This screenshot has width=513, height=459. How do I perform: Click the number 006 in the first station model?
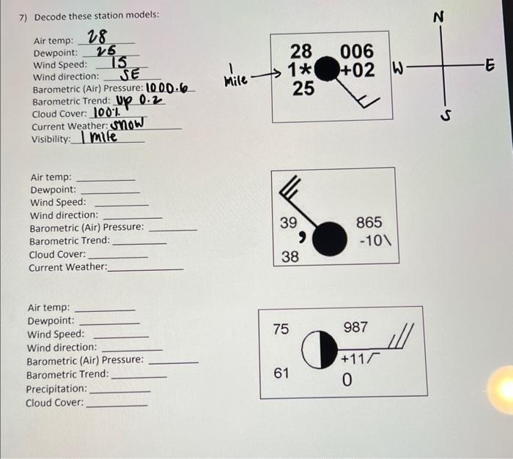(x=357, y=51)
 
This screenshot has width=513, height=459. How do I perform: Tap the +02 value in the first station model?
(x=358, y=70)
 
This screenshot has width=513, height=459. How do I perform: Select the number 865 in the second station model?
(x=369, y=223)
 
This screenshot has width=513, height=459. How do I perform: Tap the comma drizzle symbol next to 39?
(x=301, y=237)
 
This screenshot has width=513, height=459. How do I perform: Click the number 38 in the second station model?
(x=290, y=256)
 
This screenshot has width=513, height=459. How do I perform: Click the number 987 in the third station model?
(x=356, y=328)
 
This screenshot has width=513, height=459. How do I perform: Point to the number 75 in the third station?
(x=281, y=329)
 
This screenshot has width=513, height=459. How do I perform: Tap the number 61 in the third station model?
(x=281, y=373)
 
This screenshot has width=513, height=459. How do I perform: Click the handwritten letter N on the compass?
(x=440, y=18)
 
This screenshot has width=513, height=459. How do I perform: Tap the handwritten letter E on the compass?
(x=490, y=65)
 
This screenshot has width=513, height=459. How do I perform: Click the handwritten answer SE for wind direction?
(x=130, y=75)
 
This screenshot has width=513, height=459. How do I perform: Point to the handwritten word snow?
(x=128, y=124)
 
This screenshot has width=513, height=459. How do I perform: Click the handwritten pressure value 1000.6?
(x=166, y=89)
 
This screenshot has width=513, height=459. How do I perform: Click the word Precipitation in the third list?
(x=56, y=389)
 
